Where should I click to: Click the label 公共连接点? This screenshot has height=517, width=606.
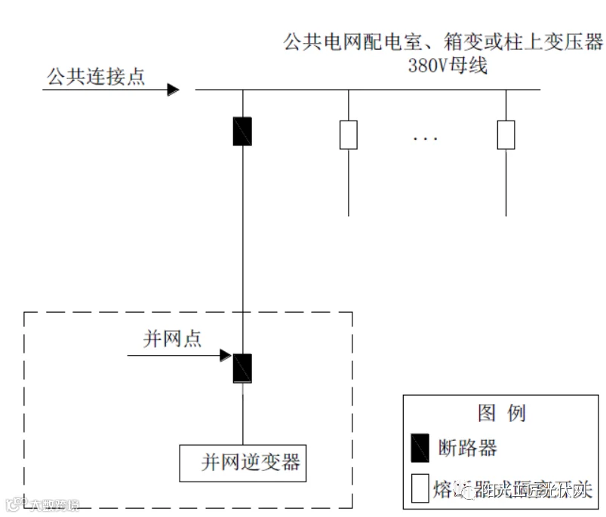coord(96,77)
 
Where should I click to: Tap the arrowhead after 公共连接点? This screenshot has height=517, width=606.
coord(173,90)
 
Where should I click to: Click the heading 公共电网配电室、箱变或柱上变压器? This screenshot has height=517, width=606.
coord(444,42)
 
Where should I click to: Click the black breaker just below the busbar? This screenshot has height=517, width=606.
coord(242,131)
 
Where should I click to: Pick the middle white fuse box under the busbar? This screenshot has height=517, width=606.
coord(348,134)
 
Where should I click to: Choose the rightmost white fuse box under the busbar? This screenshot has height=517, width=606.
coord(506,134)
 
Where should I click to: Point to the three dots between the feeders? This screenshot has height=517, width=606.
coord(426,139)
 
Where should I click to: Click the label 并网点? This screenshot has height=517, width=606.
coord(173,339)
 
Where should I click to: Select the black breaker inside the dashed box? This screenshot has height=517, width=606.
coord(242,368)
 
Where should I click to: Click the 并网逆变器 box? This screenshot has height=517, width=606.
coord(243,462)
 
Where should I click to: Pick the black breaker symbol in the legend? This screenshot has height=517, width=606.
coord(420,448)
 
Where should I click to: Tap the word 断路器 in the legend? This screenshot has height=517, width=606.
coord(468,448)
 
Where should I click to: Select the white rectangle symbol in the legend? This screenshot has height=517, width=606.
coord(420,488)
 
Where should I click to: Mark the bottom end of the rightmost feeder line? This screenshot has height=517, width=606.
coord(506,215)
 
